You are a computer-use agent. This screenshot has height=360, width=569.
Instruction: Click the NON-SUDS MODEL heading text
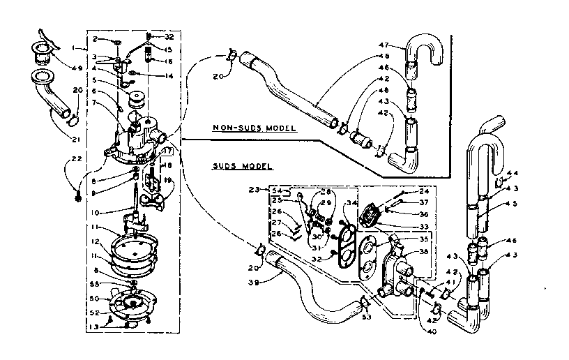pyautogui.click(x=255, y=129)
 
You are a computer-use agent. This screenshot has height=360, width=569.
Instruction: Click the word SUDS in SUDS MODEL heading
pyautogui.click(x=224, y=167)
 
